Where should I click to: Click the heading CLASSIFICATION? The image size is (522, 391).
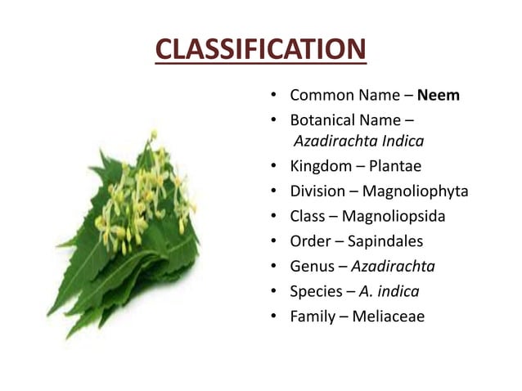click(x=259, y=52)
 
